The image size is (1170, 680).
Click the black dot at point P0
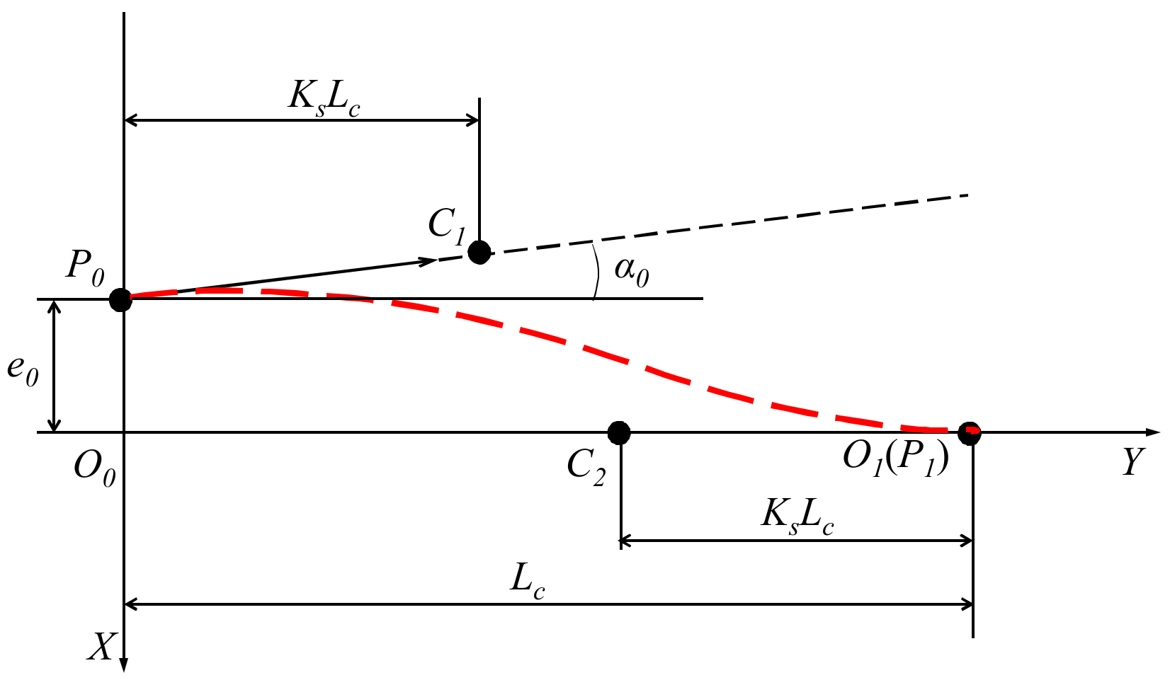[x=120, y=299]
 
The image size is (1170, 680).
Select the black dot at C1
[x=479, y=252]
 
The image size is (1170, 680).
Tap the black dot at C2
[x=619, y=432]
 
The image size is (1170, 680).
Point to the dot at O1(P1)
[x=969, y=432]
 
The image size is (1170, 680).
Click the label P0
[x=85, y=267]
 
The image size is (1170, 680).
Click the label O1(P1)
[x=895, y=460]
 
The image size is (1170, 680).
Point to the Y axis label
[x=1132, y=463]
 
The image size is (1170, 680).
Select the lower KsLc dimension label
[x=797, y=517]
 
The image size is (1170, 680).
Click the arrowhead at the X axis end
[x=124, y=663]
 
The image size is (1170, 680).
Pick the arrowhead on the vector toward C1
[x=429, y=261]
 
